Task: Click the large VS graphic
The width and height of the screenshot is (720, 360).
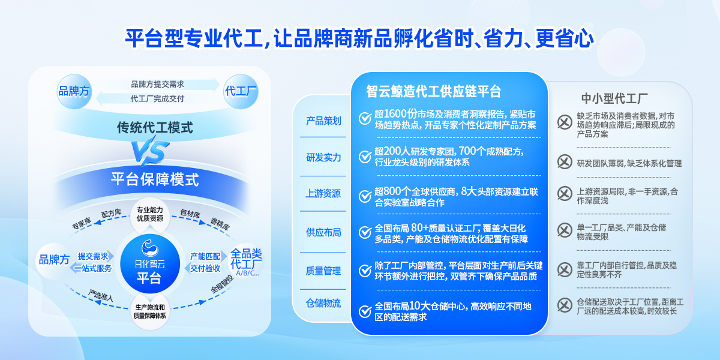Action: pos(151,151)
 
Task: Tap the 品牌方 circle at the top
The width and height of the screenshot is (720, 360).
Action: pos(74,91)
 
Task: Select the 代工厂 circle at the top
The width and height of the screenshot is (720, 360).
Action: pos(241,91)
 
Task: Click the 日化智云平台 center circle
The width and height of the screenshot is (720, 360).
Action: pos(150,263)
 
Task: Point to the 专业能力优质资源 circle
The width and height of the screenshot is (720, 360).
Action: pos(150,214)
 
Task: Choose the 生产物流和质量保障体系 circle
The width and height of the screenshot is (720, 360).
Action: pos(150,311)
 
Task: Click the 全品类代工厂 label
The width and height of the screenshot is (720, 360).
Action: pos(246,262)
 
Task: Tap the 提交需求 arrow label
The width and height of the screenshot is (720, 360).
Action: pos(93,256)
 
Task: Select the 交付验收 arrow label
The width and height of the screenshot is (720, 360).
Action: pos(205,268)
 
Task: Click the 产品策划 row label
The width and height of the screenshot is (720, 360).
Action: pos(323,121)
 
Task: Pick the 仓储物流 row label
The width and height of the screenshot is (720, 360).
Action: pos(323,303)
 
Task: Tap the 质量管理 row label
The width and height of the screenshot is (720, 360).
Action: pos(323,271)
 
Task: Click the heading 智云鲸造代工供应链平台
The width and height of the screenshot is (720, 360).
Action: pos(434,91)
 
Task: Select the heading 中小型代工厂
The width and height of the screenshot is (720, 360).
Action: pos(614,98)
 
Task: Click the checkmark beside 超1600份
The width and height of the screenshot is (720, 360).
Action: pos(365,118)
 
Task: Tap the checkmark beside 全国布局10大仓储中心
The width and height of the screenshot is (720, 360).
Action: pos(365,311)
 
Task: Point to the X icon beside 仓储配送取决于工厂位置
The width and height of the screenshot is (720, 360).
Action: pos(565,305)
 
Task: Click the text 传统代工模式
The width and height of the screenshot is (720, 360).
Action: pos(155,128)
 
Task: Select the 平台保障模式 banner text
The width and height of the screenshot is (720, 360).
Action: pos(155,179)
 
